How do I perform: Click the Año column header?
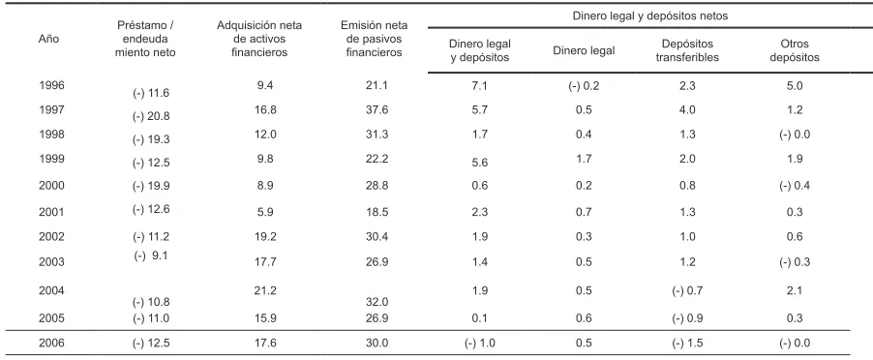(x=48, y=39)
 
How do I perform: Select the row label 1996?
(x=51, y=86)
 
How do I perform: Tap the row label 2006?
(x=51, y=343)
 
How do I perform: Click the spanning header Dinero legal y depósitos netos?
(x=650, y=16)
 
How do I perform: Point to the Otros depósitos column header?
(x=795, y=50)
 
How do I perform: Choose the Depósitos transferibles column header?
(x=687, y=50)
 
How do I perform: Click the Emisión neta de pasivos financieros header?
(x=375, y=39)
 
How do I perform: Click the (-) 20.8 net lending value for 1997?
(x=151, y=117)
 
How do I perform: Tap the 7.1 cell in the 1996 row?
(x=480, y=86)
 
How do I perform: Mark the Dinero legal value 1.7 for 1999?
(x=584, y=159)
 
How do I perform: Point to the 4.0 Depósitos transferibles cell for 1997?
(x=688, y=109)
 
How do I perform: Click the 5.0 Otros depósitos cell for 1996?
(x=795, y=86)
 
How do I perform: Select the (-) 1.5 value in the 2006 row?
(x=687, y=343)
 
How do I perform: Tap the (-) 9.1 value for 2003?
(x=151, y=255)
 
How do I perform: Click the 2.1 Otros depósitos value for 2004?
(x=795, y=290)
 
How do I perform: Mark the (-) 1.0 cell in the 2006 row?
(x=479, y=343)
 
